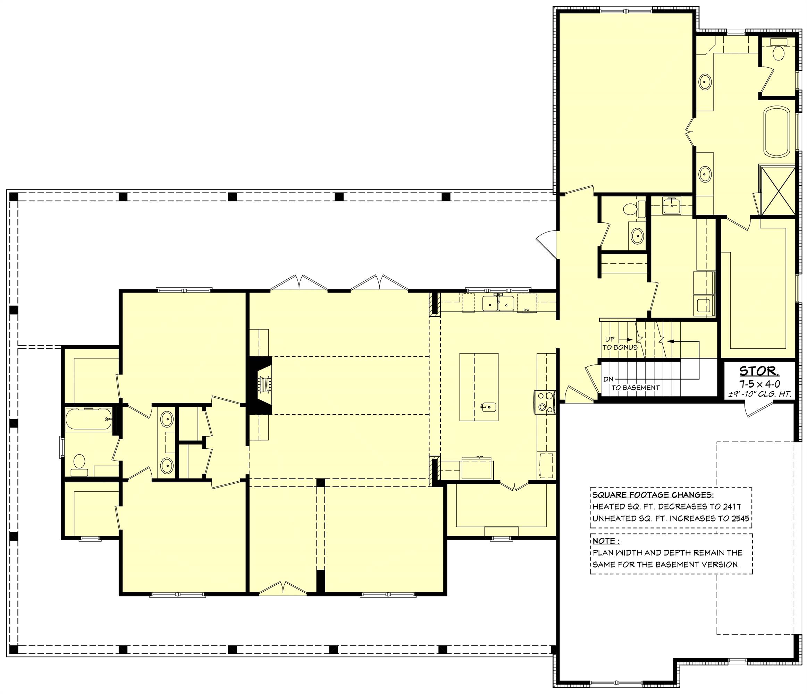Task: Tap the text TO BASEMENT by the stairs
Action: click(x=635, y=388)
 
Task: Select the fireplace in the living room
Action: click(x=260, y=385)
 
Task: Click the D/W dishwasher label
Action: click(x=527, y=310)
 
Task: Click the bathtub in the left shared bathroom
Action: click(x=89, y=419)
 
